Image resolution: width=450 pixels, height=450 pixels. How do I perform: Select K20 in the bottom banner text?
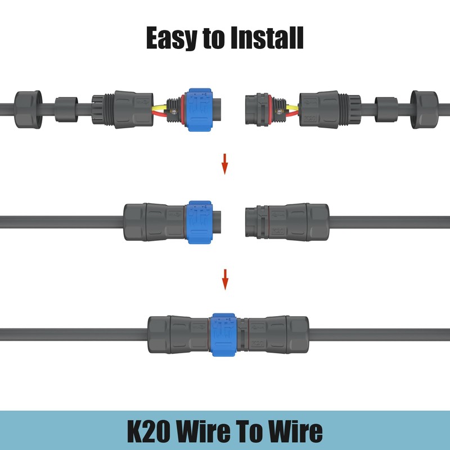point(151,431)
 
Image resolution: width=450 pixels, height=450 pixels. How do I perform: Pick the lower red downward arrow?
point(225,280)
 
